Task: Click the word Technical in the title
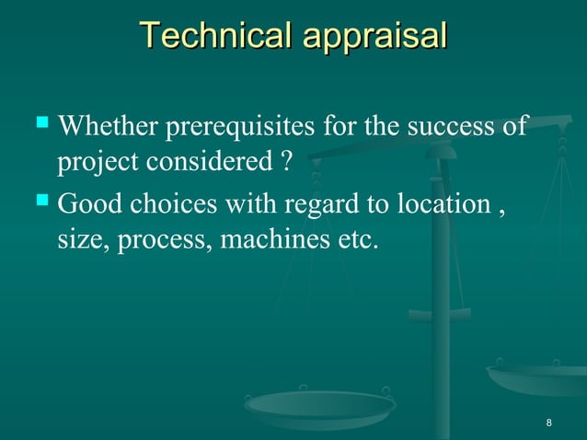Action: pyautogui.click(x=216, y=36)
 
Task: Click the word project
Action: pyautogui.click(x=90, y=163)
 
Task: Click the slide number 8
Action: pyautogui.click(x=549, y=423)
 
